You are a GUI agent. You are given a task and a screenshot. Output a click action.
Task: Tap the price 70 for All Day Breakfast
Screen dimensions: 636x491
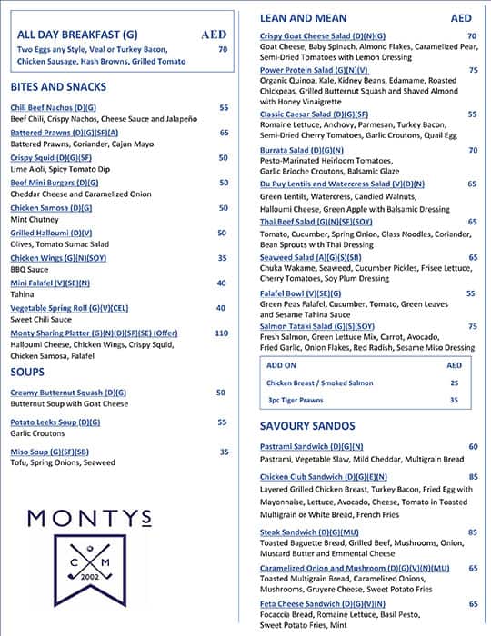pyautogui.click(x=223, y=49)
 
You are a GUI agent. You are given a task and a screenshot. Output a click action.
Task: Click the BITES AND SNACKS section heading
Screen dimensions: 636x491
pyautogui.click(x=58, y=87)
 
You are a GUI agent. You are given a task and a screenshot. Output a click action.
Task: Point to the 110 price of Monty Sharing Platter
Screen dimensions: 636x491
pyautogui.click(x=221, y=333)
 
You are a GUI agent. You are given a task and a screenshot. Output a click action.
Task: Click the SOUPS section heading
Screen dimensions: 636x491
pyautogui.click(x=27, y=372)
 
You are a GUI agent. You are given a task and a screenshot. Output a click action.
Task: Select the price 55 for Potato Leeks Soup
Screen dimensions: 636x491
pyautogui.click(x=222, y=422)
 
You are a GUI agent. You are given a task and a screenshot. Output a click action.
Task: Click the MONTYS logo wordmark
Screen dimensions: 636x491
pyautogui.click(x=89, y=520)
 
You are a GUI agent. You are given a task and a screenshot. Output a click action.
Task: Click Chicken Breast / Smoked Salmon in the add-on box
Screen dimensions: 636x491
pyautogui.click(x=316, y=383)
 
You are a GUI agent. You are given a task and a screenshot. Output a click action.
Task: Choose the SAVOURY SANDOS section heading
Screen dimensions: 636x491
pyautogui.click(x=309, y=425)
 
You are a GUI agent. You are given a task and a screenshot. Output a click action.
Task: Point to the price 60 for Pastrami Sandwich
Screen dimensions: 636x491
pyautogui.click(x=473, y=447)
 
